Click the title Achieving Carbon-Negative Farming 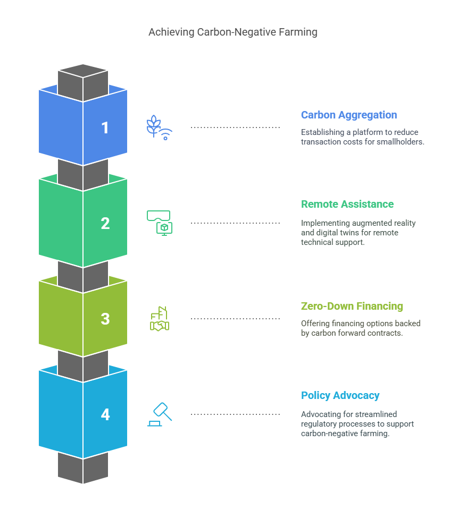point(232,32)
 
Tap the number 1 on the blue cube point(105,128)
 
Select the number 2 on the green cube point(105,224)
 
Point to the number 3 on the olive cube point(105,319)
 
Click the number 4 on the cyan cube point(105,414)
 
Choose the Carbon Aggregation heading point(348,115)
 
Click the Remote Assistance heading point(347,204)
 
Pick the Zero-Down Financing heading point(352,306)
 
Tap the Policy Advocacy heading point(340,395)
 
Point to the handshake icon point(159,319)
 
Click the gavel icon point(160,414)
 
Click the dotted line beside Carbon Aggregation point(235,127)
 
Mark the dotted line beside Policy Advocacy point(235,414)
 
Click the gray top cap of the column point(83,71)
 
